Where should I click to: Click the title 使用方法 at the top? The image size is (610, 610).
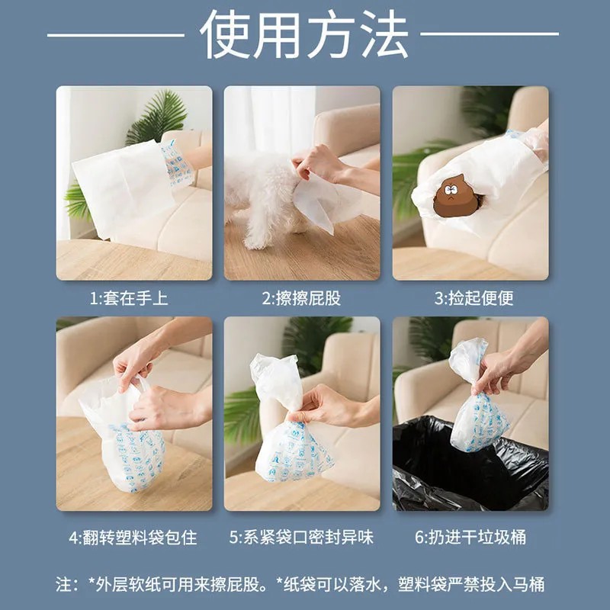303,34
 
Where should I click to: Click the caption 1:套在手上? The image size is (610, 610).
129,298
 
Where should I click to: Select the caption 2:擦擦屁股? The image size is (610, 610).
301,298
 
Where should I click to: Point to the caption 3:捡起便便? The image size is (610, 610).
474,298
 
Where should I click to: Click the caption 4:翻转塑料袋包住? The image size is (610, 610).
133,538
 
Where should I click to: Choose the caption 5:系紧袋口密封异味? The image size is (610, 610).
301,538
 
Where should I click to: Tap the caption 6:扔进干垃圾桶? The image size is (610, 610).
470,538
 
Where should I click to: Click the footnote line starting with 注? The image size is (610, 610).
300,584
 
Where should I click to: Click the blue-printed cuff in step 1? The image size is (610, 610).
178,164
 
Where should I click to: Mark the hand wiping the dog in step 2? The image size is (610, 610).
331,167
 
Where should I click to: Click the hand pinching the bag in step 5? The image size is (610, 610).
335,406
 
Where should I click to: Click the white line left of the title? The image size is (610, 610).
116,35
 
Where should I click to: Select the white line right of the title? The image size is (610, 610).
490,34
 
